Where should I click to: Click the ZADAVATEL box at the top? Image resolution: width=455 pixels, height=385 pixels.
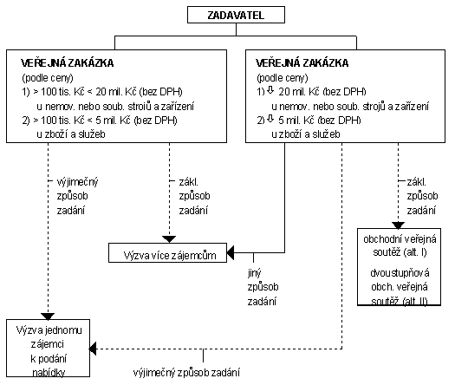(x=236, y=15)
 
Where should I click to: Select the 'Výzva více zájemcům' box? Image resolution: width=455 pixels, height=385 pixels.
(x=167, y=253)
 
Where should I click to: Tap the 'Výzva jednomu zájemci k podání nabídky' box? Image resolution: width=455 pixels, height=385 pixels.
(x=49, y=348)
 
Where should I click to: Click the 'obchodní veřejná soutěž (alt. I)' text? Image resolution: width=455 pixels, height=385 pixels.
(x=400, y=245)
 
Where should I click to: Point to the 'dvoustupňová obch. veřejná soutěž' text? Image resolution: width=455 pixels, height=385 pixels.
(x=400, y=287)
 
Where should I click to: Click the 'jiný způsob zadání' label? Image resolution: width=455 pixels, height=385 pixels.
(x=263, y=287)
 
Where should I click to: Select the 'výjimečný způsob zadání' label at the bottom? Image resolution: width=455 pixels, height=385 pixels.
(x=186, y=373)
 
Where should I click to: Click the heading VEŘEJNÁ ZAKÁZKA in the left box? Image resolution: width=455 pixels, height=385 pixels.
(x=67, y=63)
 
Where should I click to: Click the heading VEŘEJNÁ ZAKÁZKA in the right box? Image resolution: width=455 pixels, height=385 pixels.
(x=302, y=63)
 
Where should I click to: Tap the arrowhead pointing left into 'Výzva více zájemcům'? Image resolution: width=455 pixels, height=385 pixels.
(x=231, y=253)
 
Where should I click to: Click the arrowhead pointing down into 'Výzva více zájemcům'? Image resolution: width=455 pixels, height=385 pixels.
(x=169, y=239)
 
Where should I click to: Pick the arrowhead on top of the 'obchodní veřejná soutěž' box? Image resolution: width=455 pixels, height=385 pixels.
(x=398, y=225)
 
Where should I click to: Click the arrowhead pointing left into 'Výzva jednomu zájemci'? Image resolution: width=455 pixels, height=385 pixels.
(x=93, y=349)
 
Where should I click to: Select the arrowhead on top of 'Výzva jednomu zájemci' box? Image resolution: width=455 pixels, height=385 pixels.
(x=48, y=316)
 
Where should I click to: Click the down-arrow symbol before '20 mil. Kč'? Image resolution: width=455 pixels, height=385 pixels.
(x=270, y=90)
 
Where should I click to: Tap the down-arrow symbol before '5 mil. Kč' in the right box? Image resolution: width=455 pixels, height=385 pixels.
(x=270, y=119)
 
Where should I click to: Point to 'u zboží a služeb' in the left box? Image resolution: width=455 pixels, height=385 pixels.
(x=71, y=134)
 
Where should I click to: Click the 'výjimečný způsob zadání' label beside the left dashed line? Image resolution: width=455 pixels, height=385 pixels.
(x=77, y=196)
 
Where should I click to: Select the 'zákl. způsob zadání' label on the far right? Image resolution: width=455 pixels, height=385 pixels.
(x=422, y=196)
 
